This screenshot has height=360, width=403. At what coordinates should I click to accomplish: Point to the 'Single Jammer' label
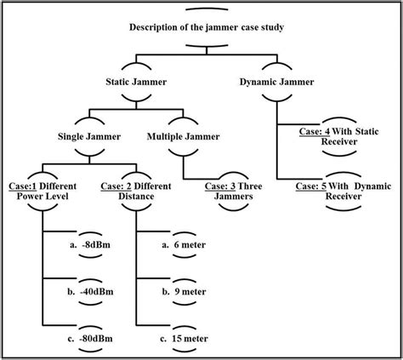point(88,136)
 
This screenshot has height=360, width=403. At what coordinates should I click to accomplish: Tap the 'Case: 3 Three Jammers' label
point(225,189)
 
